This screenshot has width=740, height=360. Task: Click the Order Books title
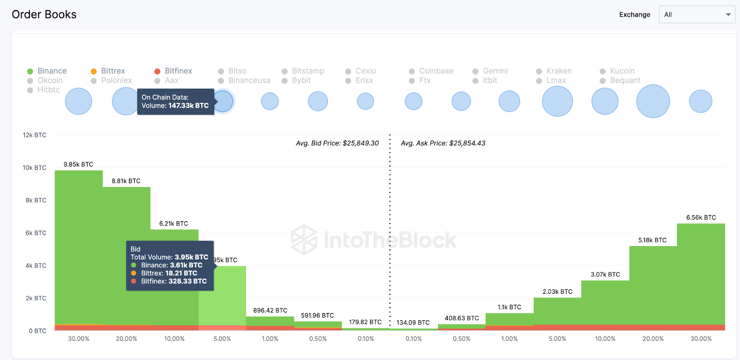point(44,14)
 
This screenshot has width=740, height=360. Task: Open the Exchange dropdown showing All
point(697,14)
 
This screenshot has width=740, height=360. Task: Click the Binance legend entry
point(47,71)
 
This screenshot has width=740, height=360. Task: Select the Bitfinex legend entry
point(173,71)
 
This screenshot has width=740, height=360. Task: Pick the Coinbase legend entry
point(432,71)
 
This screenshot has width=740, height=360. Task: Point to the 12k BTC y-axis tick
point(35,135)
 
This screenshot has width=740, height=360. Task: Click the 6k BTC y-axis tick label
point(36,233)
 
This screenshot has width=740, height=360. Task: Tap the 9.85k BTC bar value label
point(78,164)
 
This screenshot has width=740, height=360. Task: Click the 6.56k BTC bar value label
point(701,217)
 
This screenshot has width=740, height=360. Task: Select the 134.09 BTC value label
point(413,323)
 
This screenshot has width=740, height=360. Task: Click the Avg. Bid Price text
point(337,143)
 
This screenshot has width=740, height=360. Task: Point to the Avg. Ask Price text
point(443,143)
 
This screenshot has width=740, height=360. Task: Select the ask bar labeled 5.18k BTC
point(653,287)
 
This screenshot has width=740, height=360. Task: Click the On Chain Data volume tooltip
point(175,101)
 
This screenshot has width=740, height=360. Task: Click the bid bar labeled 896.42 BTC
point(270,321)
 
